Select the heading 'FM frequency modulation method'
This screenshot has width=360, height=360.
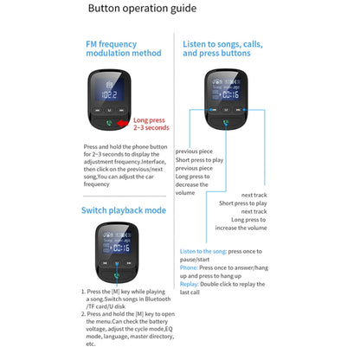click(123, 48)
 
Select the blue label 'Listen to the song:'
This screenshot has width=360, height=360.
click(203, 251)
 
